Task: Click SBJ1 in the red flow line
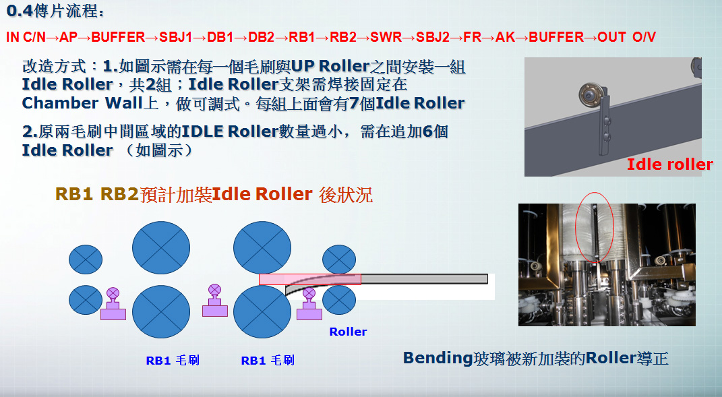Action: point(175,37)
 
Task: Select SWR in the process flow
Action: point(386,37)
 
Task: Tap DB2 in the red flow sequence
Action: point(261,37)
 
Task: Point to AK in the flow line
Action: point(505,37)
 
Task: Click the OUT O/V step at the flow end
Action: point(627,37)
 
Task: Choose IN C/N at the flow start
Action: point(26,37)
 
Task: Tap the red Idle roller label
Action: point(670,164)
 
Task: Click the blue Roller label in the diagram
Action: point(348,332)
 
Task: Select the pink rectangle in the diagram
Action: point(310,279)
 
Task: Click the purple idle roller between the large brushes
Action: point(215,301)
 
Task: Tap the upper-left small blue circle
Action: point(86,259)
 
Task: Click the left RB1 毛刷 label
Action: point(173,360)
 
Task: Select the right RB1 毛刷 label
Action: point(268,360)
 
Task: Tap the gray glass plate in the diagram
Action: point(423,278)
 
